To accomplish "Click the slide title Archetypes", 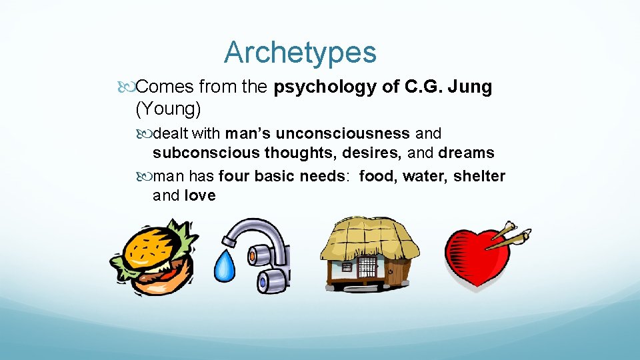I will (300, 52).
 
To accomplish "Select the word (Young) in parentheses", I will (168, 109).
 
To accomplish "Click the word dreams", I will (466, 153).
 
